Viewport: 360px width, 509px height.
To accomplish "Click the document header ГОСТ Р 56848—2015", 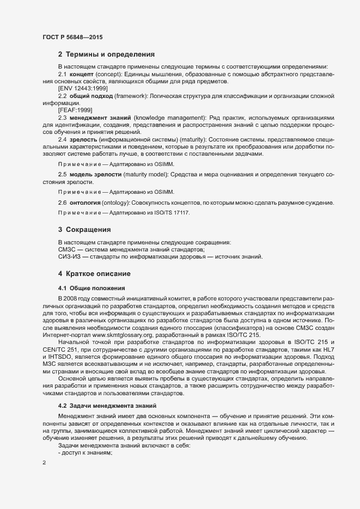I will (x=72, y=38).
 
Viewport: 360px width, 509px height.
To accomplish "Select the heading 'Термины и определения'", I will (x=111, y=54).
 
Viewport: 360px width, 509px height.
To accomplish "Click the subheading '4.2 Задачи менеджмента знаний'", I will (x=107, y=406).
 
